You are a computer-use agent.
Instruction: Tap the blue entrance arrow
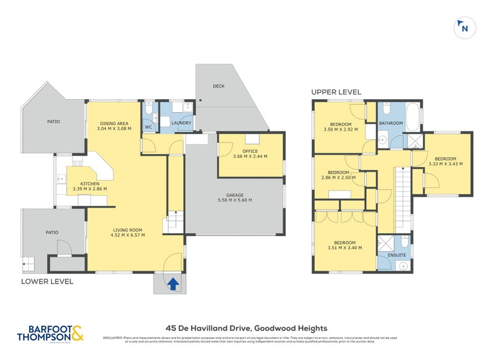[174, 284]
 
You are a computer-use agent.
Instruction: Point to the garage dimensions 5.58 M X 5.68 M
[235, 200]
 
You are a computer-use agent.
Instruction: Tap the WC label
[149, 127]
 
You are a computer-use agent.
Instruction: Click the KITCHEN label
[89, 183]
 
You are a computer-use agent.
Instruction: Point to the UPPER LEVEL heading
[335, 92]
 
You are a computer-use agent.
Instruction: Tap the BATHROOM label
[391, 123]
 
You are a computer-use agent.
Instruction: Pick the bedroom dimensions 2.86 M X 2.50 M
[339, 177]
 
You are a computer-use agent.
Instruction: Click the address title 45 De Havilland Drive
[246, 329]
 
